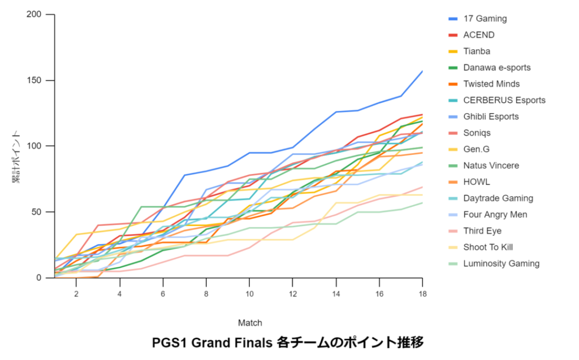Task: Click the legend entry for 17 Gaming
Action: coord(485,19)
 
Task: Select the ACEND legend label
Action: coord(478,35)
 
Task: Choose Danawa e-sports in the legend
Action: coord(496,68)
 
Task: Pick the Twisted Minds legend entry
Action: coord(491,84)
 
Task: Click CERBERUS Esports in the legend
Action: coord(504,101)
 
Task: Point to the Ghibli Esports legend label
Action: coord(491,117)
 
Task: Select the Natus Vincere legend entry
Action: coord(490,166)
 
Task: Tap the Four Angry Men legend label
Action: coord(495,215)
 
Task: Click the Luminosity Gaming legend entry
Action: coord(501,264)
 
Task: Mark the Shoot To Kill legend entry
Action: coord(487,248)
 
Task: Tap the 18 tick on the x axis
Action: coord(422,294)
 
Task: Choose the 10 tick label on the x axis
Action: coord(249,294)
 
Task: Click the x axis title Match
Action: coord(249,323)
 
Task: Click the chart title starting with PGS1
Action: coord(288,343)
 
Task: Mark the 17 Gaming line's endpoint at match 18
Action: coord(422,71)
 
